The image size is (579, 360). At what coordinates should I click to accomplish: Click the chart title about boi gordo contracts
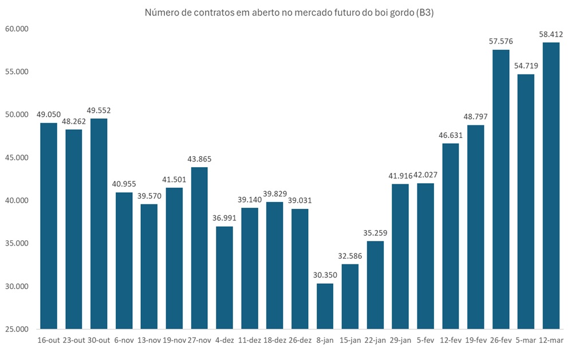pyautogui.click(x=289, y=13)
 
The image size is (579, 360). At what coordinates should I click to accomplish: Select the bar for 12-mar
pyautogui.click(x=551, y=186)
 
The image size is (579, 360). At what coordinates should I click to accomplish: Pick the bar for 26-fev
pyautogui.click(x=501, y=189)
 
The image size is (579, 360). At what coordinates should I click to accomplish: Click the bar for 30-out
pyautogui.click(x=99, y=224)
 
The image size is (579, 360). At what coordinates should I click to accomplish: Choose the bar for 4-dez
pyautogui.click(x=224, y=278)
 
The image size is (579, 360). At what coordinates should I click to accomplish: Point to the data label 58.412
pyautogui.click(x=551, y=35)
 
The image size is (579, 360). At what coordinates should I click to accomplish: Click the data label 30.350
pyautogui.click(x=325, y=275)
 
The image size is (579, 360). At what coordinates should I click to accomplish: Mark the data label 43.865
pyautogui.click(x=199, y=159)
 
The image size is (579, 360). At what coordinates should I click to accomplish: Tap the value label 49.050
pyautogui.click(x=49, y=115)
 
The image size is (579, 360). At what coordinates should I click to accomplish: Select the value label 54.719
pyautogui.click(x=526, y=66)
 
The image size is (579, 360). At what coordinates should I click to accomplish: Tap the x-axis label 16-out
pyautogui.click(x=49, y=340)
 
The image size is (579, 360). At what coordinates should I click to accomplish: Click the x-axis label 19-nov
pyautogui.click(x=174, y=340)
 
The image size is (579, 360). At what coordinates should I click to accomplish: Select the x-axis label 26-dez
pyautogui.click(x=300, y=340)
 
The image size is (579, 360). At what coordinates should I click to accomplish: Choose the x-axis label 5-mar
pyautogui.click(x=526, y=340)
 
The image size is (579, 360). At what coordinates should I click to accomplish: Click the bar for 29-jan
pyautogui.click(x=400, y=256)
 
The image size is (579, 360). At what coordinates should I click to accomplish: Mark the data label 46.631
pyautogui.click(x=450, y=135)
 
